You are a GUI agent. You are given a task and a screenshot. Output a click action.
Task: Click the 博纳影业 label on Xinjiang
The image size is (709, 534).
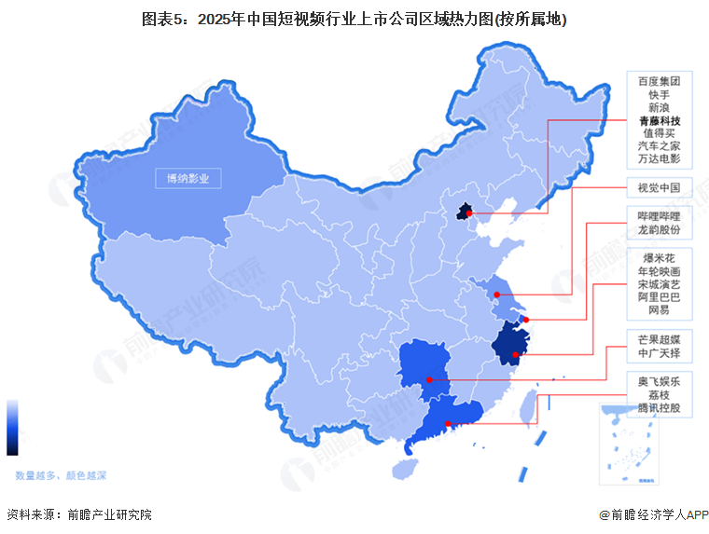188,178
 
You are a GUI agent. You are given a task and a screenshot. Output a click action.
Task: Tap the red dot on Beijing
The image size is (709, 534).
470,213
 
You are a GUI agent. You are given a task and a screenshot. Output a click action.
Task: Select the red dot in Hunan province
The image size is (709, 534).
429,379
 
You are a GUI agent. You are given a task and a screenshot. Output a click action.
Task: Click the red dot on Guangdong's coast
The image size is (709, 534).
449,425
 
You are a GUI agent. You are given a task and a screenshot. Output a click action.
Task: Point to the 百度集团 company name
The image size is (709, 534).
659,81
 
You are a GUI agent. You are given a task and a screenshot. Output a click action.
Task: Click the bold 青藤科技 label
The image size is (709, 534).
659,121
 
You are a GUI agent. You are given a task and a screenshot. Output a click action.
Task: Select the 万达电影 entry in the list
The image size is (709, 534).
659,160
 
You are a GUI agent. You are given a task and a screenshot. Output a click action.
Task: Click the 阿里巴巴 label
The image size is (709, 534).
659,296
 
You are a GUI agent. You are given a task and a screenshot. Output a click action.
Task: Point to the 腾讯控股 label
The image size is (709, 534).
659,408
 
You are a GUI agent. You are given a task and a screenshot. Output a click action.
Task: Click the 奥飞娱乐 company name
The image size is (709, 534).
659,381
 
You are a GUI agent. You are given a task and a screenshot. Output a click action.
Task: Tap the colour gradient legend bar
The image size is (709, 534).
12,428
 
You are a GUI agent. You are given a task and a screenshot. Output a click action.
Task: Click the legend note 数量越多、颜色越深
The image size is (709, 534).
61,475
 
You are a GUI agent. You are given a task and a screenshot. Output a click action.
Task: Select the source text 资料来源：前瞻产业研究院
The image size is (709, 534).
78,514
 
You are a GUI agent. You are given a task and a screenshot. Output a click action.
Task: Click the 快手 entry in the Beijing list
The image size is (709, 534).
659,94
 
